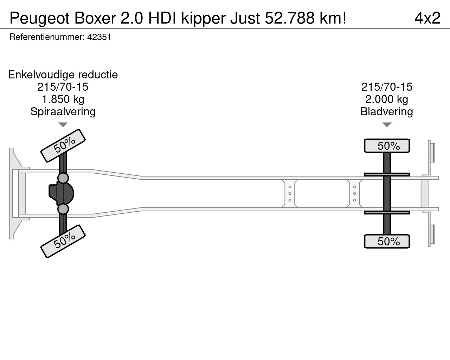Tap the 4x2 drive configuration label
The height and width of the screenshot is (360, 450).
[x=427, y=18]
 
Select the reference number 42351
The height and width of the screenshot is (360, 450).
[x=99, y=37]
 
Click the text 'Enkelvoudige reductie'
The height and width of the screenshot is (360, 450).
[x=63, y=75]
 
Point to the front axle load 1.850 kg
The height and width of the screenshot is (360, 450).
[x=63, y=99]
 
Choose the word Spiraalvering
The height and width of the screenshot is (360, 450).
[x=63, y=111]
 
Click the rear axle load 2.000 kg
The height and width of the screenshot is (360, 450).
[x=387, y=99]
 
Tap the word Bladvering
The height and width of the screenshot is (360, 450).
[x=387, y=111]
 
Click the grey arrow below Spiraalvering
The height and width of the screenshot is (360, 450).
[x=63, y=125]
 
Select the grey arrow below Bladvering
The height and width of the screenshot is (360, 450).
[x=387, y=125]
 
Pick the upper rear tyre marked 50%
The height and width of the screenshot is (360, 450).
[x=387, y=146]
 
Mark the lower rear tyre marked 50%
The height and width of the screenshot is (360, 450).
[x=387, y=242]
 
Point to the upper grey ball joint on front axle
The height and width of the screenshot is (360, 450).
[x=63, y=178]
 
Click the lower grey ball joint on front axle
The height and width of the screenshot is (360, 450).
[x=63, y=209]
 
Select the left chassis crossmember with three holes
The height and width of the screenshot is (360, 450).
[x=290, y=193]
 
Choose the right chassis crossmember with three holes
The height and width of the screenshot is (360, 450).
[x=354, y=193]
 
